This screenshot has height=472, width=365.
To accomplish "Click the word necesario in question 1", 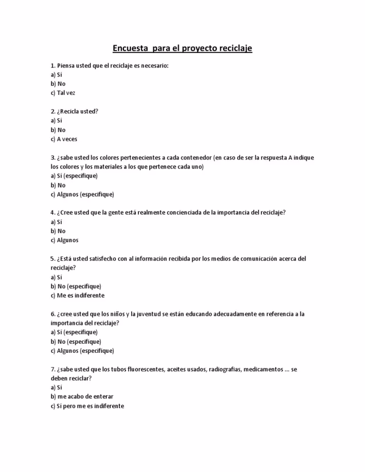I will [152, 65].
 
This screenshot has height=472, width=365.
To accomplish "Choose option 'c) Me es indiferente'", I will [77, 295].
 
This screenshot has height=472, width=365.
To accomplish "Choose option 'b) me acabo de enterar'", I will [82, 396].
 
